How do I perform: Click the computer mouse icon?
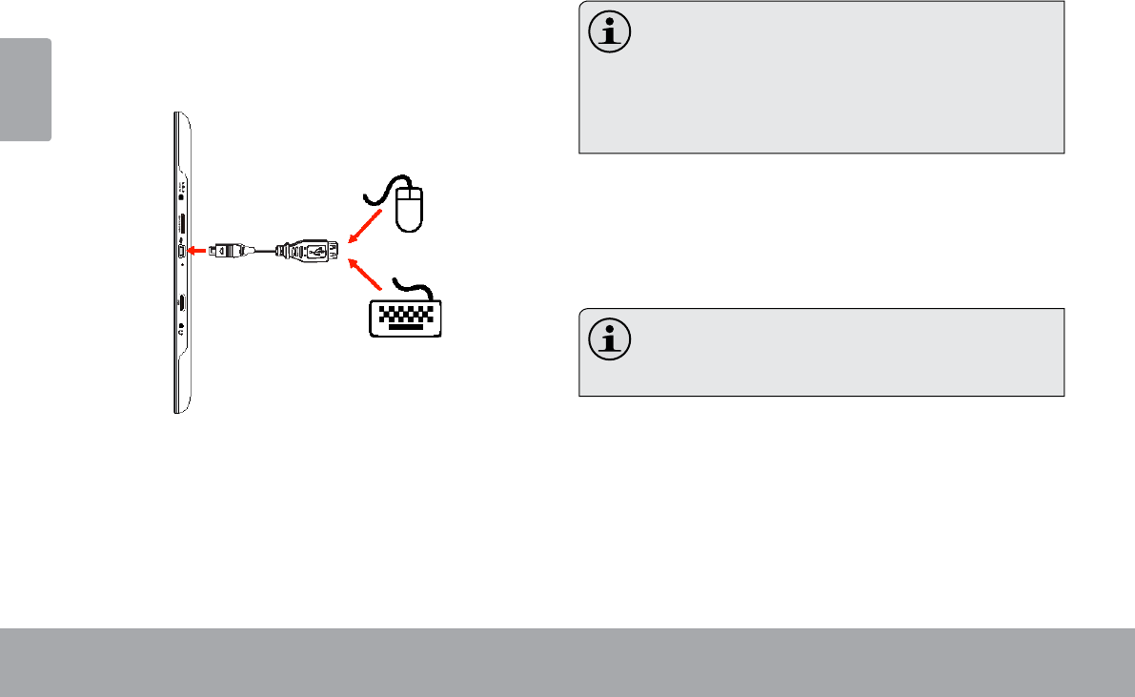click(411, 209)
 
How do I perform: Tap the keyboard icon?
click(403, 318)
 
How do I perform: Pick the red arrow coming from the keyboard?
click(370, 277)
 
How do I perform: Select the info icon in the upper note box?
click(608, 34)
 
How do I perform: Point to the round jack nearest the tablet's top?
click(181, 190)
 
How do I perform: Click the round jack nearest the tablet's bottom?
click(181, 329)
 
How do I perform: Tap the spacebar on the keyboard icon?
click(403, 330)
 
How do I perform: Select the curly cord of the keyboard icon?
click(413, 287)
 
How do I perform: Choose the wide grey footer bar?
click(567, 662)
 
